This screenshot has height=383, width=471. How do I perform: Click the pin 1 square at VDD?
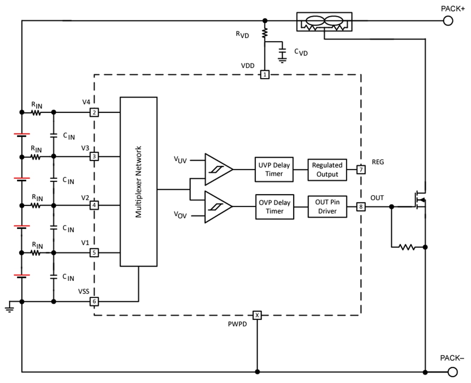pos(265,75)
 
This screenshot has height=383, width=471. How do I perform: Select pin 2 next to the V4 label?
pos(94,113)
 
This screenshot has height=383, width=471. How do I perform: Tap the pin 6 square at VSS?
pos(94,302)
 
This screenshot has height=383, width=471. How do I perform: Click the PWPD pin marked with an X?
pos(257,315)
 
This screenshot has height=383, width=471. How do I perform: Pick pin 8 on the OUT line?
pos(361,207)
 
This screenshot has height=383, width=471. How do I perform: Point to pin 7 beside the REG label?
pos(361,169)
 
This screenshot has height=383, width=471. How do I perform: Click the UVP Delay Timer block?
pos(274,169)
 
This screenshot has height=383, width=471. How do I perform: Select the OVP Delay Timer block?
pos(274,207)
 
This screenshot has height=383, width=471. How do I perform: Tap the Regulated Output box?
pos(327,169)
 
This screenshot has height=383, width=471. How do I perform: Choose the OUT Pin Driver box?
pos(327,207)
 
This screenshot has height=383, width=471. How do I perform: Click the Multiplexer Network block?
pos(139,182)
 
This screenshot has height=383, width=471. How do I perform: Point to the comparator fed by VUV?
pos(218,169)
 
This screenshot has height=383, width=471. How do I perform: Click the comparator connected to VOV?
pos(218,207)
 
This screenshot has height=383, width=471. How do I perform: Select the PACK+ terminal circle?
pos(448,20)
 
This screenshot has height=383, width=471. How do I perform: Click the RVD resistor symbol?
pos(265,32)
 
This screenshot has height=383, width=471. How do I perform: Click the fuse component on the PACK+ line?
pos(324,22)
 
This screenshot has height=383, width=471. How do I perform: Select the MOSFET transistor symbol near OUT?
pos(420,200)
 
